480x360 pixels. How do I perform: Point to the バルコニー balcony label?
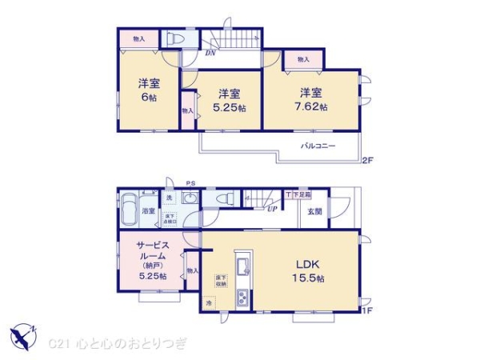coord(318,146)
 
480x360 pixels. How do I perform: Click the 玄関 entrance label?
coord(314,211)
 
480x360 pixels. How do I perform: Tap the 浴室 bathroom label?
coord(149,211)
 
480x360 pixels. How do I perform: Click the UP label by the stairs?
coord(272,210)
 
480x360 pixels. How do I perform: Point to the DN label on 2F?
coord(210,53)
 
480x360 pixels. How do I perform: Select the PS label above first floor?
coord(190,183)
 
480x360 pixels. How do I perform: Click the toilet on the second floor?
coord(174,38)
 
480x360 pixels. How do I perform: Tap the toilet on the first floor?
coord(224,199)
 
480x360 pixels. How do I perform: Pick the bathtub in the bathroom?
coord(129,211)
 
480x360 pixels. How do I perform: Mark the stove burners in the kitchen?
coord(242,298)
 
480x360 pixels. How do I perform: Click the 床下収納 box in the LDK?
coord(220,281)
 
